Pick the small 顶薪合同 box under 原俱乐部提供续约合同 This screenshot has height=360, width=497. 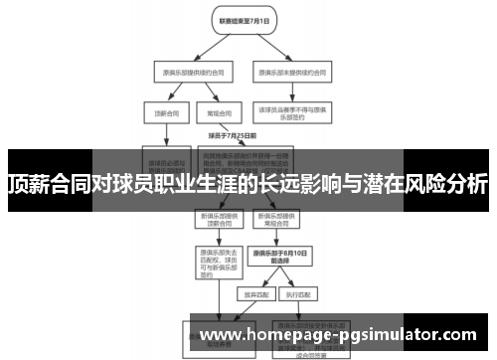pos(158,113)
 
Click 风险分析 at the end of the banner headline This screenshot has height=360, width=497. pos(446,184)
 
